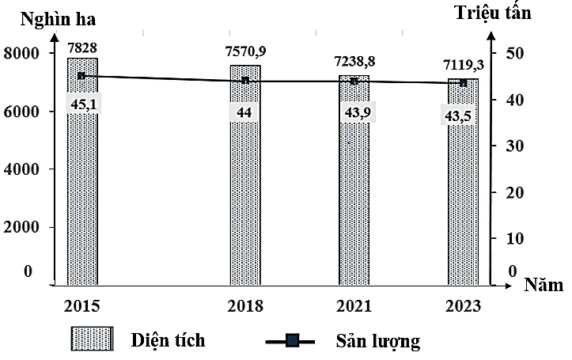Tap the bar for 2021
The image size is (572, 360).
click(354, 198)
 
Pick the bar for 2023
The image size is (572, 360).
click(463, 198)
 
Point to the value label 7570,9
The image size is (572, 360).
click(245, 52)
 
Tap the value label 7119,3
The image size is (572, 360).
click(464, 65)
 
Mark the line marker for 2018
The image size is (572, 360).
click(245, 80)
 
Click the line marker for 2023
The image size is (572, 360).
click(464, 82)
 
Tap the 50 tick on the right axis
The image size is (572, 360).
click(513, 53)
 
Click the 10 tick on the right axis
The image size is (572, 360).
click(513, 238)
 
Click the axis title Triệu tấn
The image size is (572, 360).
click(495, 12)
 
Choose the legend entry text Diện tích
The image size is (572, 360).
click(168, 340)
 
